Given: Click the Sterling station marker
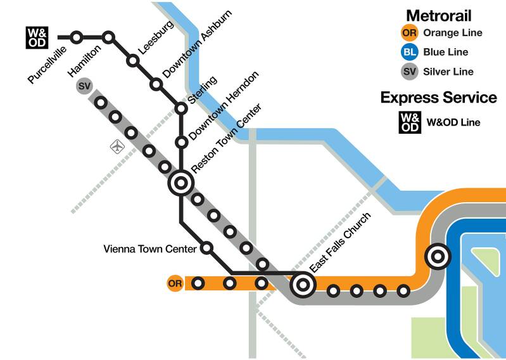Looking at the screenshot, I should click(x=181, y=109).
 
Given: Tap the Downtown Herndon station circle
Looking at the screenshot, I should click(x=181, y=141).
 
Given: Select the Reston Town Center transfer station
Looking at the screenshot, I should click(x=181, y=184).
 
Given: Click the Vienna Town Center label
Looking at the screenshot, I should click(x=149, y=249).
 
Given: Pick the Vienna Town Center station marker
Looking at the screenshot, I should click(x=206, y=248).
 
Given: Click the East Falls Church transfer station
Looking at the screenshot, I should click(x=303, y=285).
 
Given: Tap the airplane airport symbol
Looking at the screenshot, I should click(x=117, y=147).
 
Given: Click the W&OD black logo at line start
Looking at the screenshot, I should click(x=35, y=37).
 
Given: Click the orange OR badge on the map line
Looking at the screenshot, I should click(x=175, y=283).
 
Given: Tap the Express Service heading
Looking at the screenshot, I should click(x=438, y=98).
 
